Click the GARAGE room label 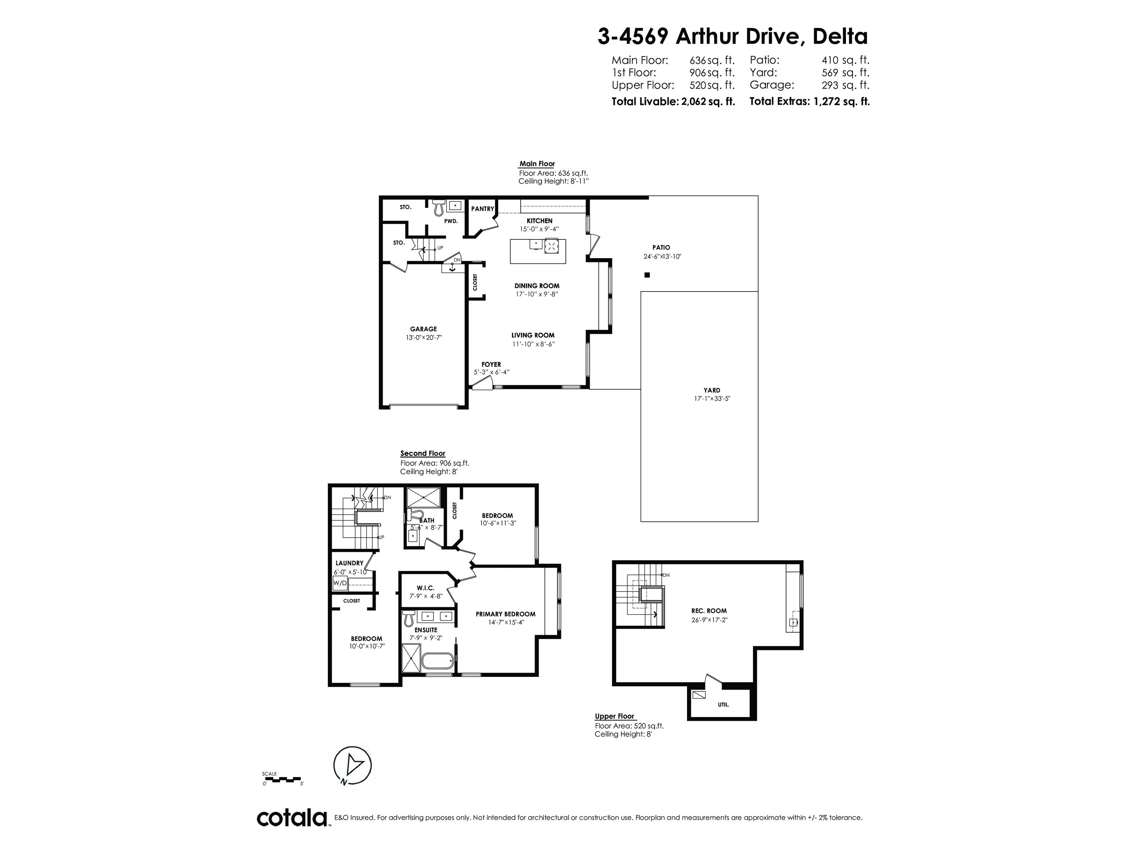coord(423,329)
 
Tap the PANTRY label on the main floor coord(482,209)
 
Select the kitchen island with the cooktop coord(538,251)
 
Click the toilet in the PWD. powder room coord(438,207)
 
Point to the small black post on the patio coord(647,275)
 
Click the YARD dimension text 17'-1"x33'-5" coord(712,399)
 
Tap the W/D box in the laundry coord(340,583)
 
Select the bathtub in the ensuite coord(437,662)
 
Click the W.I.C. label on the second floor coord(425,588)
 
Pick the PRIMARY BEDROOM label coord(505,614)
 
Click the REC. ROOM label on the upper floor coord(709,610)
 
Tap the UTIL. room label coord(723,705)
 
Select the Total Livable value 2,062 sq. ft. coord(708,101)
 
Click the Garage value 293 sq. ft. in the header coord(845,85)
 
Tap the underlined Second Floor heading coord(422,453)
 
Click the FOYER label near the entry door coord(491,364)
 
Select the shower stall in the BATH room coord(422,497)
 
